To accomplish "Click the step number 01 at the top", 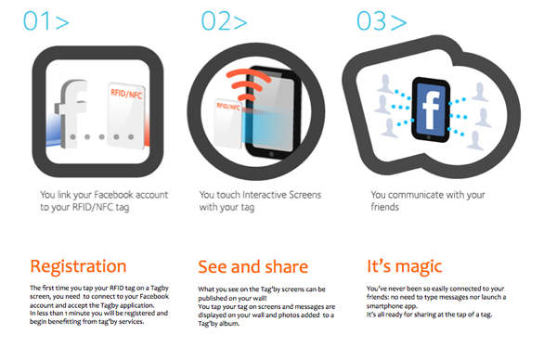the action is pyautogui.click(x=36, y=21).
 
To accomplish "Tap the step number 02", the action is pyautogui.click(x=214, y=21).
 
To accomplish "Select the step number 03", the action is pyautogui.click(x=371, y=21).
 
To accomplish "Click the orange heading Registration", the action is pyautogui.click(x=78, y=267).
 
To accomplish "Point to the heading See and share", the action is pyautogui.click(x=253, y=266).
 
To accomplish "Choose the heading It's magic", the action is pyautogui.click(x=404, y=266).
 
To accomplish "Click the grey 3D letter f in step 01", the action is pyautogui.click(x=71, y=113).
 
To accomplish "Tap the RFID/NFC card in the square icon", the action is pyautogui.click(x=126, y=116).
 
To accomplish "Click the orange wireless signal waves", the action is pyautogui.click(x=248, y=84).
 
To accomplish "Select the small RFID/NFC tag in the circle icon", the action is pyautogui.click(x=228, y=123).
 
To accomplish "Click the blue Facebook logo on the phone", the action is pyautogui.click(x=431, y=109).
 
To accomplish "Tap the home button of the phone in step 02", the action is pyautogui.click(x=271, y=154).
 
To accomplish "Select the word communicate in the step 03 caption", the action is pyautogui.click(x=417, y=195).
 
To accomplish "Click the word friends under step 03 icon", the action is pyautogui.click(x=384, y=207).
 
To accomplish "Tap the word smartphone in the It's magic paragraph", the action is pyautogui.click(x=384, y=306).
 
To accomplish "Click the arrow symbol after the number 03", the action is pyautogui.click(x=399, y=22).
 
